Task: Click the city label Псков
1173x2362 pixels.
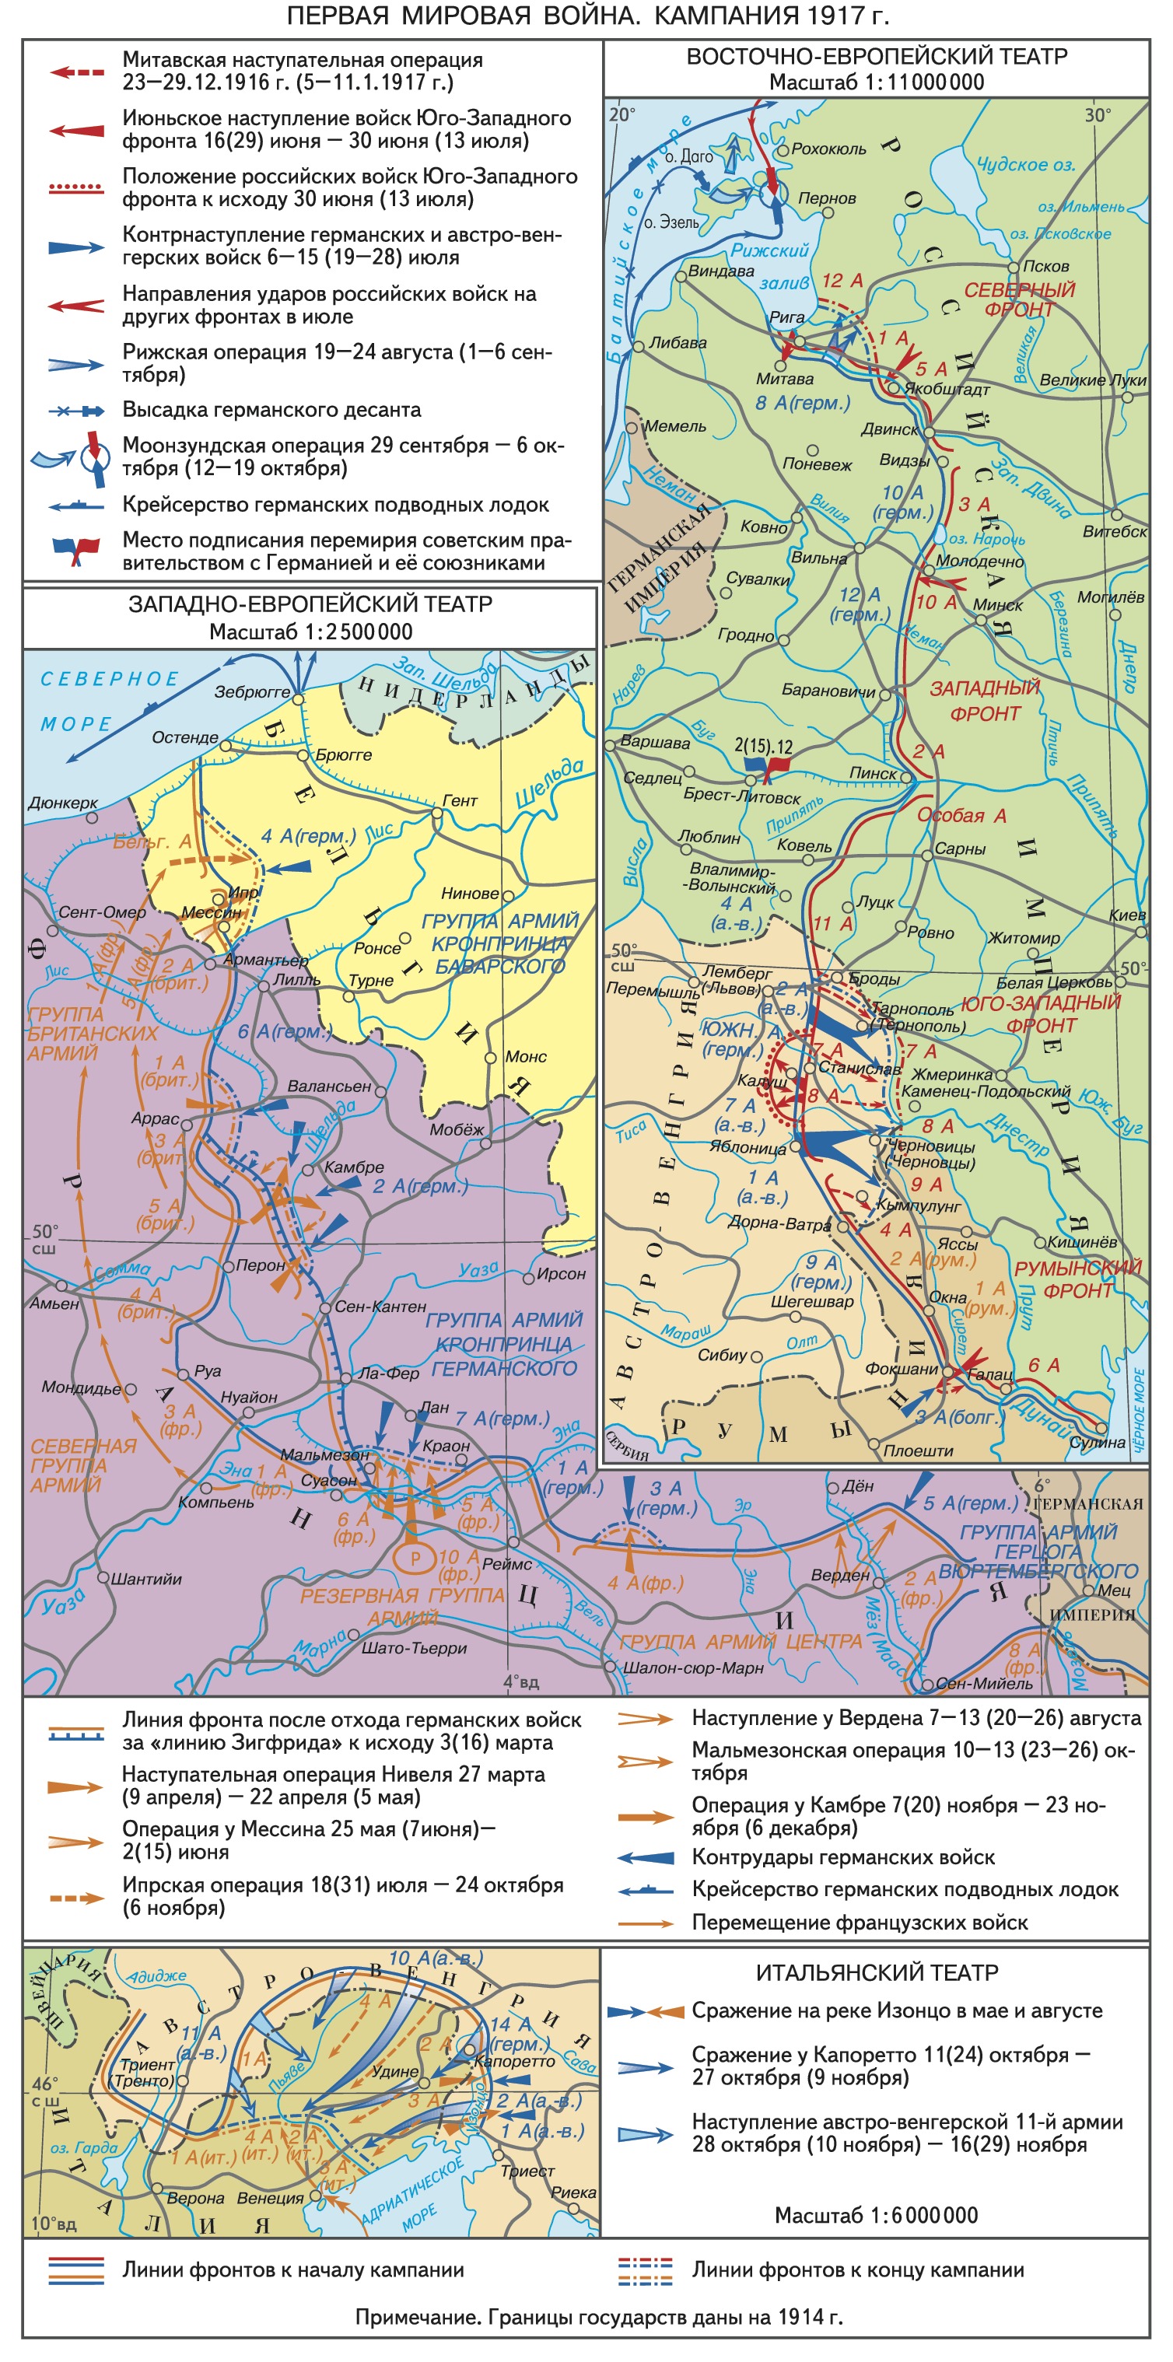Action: pyautogui.click(x=1045, y=266)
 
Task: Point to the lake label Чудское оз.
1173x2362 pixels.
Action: pyautogui.click(x=1024, y=165)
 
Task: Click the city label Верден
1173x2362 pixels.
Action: pyautogui.click(x=839, y=1575)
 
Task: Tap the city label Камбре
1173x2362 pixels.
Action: pyautogui.click(x=353, y=1167)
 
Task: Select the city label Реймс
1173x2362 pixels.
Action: pyautogui.click(x=506, y=1564)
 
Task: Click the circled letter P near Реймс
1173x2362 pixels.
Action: pyautogui.click(x=415, y=1558)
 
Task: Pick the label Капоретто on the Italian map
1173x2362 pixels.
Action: pyautogui.click(x=513, y=2061)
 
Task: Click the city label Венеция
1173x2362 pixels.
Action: pyautogui.click(x=270, y=2199)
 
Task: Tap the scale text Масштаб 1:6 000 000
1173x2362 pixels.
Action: pyautogui.click(x=876, y=2215)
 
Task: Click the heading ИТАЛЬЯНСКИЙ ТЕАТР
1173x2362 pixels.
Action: pyautogui.click(x=877, y=1972)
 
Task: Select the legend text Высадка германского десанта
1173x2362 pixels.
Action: pyautogui.click(x=271, y=410)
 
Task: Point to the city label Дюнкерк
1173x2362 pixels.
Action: pyautogui.click(x=62, y=803)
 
